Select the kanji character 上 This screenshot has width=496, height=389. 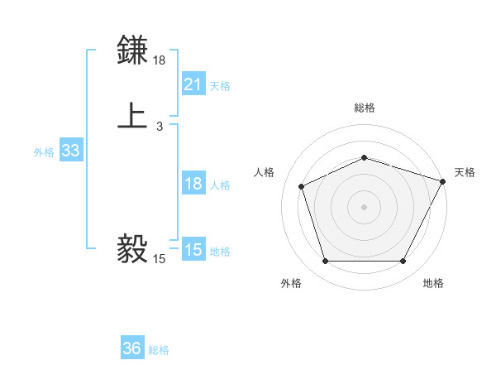(133, 116)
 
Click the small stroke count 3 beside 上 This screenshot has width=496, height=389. (160, 127)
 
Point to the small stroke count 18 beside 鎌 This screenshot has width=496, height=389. (160, 60)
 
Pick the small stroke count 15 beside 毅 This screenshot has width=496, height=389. (160, 259)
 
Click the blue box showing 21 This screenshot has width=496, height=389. (193, 84)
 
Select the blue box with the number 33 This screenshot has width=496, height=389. (70, 151)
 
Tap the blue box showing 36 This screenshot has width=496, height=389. (131, 348)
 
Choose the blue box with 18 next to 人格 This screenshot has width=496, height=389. (193, 184)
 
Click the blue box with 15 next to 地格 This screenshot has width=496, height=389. (193, 250)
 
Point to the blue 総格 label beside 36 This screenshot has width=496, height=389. (159, 350)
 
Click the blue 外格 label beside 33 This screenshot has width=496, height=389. (44, 152)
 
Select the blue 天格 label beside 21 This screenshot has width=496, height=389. (220, 85)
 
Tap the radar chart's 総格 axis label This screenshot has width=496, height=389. (364, 108)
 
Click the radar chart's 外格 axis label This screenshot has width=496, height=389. (291, 283)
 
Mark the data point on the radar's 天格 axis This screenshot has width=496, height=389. (444, 180)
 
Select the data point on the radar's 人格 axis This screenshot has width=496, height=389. (301, 185)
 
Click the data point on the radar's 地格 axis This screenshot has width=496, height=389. (403, 262)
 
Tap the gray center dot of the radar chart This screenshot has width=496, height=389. (364, 206)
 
